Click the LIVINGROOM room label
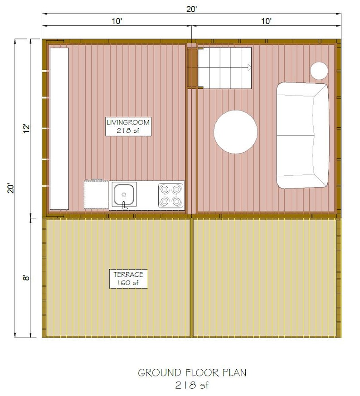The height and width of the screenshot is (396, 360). pyautogui.click(x=128, y=122)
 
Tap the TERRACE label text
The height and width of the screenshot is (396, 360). pyautogui.click(x=128, y=275)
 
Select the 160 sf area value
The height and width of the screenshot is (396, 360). pyautogui.click(x=128, y=283)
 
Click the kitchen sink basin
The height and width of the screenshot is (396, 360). pyautogui.click(x=124, y=193)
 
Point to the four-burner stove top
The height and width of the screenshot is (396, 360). pyautogui.click(x=171, y=195)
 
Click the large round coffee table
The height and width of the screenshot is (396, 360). pyautogui.click(x=235, y=132)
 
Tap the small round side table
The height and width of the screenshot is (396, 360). pyautogui.click(x=319, y=70)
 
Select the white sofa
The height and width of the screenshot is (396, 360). pyautogui.click(x=302, y=135)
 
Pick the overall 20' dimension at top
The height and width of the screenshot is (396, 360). pyautogui.click(x=191, y=9)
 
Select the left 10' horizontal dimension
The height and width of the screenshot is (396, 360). pyautogui.click(x=117, y=21)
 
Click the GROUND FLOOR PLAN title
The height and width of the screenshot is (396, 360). pyautogui.click(x=192, y=373)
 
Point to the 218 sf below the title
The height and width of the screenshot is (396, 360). pyautogui.click(x=192, y=386)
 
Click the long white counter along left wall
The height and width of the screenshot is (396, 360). pyautogui.click(x=59, y=129)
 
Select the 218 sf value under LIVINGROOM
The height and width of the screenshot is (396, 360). pyautogui.click(x=128, y=130)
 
